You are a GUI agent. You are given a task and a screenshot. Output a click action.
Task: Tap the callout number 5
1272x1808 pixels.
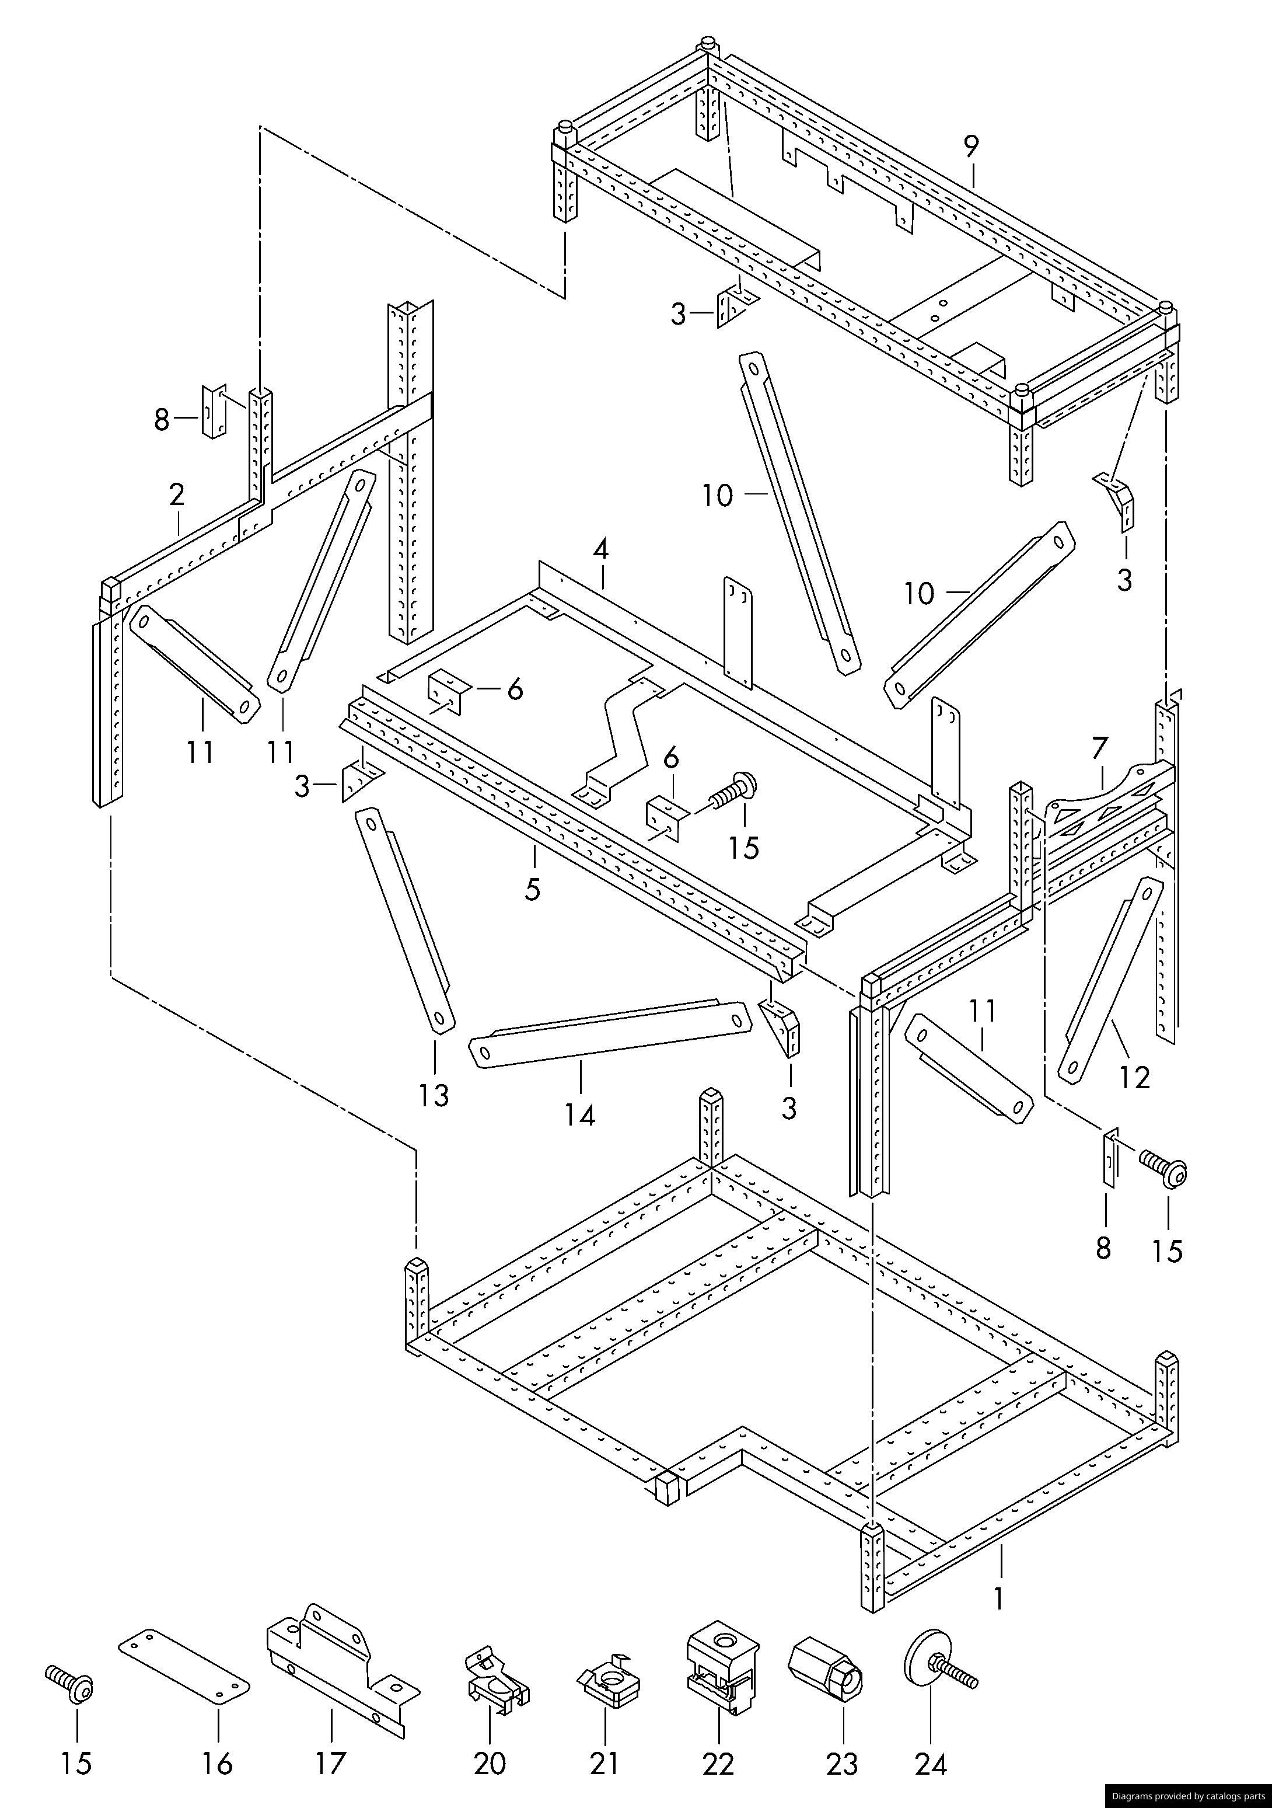(x=533, y=889)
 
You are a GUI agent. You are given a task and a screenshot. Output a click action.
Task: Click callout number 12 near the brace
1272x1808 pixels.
(x=1134, y=1077)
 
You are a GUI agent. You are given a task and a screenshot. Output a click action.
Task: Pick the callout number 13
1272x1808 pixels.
(x=434, y=1095)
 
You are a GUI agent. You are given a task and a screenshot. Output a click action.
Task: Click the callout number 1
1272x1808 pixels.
(x=998, y=1600)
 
